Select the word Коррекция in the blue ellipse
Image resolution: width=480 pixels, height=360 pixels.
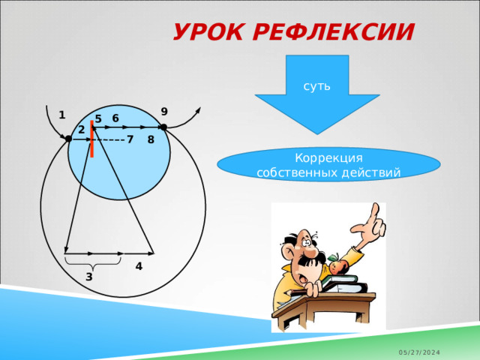328,158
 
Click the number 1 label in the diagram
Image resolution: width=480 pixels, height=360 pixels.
61,115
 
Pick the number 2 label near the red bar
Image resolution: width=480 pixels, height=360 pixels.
81,130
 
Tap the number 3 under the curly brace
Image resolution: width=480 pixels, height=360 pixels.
88,277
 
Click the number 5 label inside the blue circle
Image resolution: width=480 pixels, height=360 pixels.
98,119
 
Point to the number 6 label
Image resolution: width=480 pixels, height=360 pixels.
115,118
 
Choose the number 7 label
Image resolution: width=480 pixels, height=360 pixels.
130,139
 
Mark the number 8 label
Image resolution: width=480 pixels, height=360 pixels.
151,139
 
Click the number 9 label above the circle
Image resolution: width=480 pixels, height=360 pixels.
163,111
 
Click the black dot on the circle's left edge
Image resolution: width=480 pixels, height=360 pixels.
68,139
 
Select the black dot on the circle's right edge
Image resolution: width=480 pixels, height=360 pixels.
163,127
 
